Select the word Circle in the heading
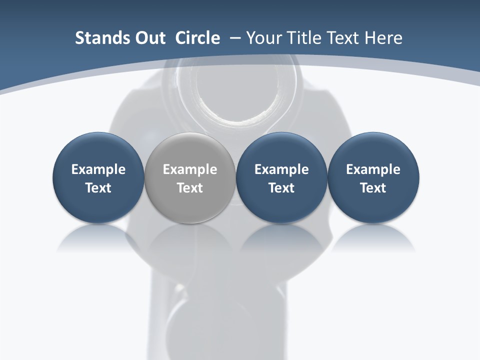point(197,38)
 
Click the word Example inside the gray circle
point(190,169)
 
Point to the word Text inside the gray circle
point(190,188)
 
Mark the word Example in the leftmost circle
point(98,169)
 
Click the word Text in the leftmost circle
point(98,188)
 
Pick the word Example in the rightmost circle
point(373,169)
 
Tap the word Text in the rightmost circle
point(373,188)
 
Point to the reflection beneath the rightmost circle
point(373,239)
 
